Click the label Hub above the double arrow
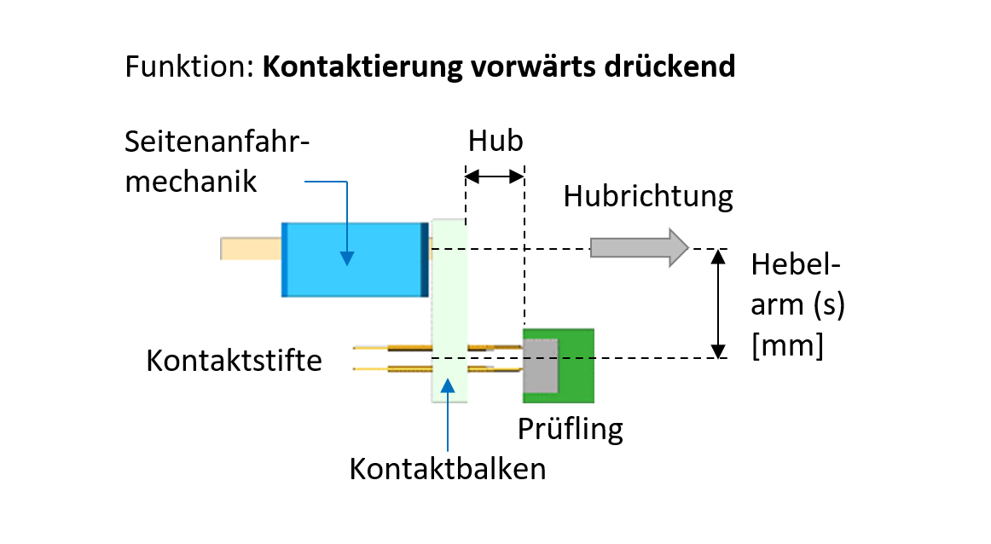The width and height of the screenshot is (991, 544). [495, 141]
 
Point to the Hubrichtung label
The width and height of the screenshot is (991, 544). [648, 197]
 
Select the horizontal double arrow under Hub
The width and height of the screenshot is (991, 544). [494, 177]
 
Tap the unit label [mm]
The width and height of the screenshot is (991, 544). [787, 347]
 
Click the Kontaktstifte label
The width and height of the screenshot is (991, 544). [235, 360]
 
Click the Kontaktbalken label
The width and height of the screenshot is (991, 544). [448, 468]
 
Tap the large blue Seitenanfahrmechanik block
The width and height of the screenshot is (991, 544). [354, 259]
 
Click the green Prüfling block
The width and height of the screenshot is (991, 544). [577, 365]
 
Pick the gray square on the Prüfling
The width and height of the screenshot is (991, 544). [540, 365]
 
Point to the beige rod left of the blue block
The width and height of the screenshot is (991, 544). [251, 248]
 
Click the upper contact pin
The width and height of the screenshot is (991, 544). [409, 348]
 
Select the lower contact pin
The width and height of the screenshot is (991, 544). [409, 368]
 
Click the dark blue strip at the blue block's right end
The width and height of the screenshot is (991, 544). [424, 259]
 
